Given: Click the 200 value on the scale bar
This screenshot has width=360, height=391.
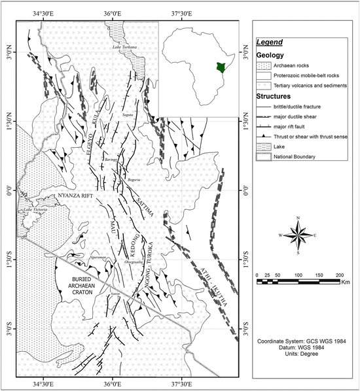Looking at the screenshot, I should pyautogui.click(x=339, y=275).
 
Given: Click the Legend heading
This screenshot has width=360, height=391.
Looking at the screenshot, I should pyautogui.click(x=270, y=42).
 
